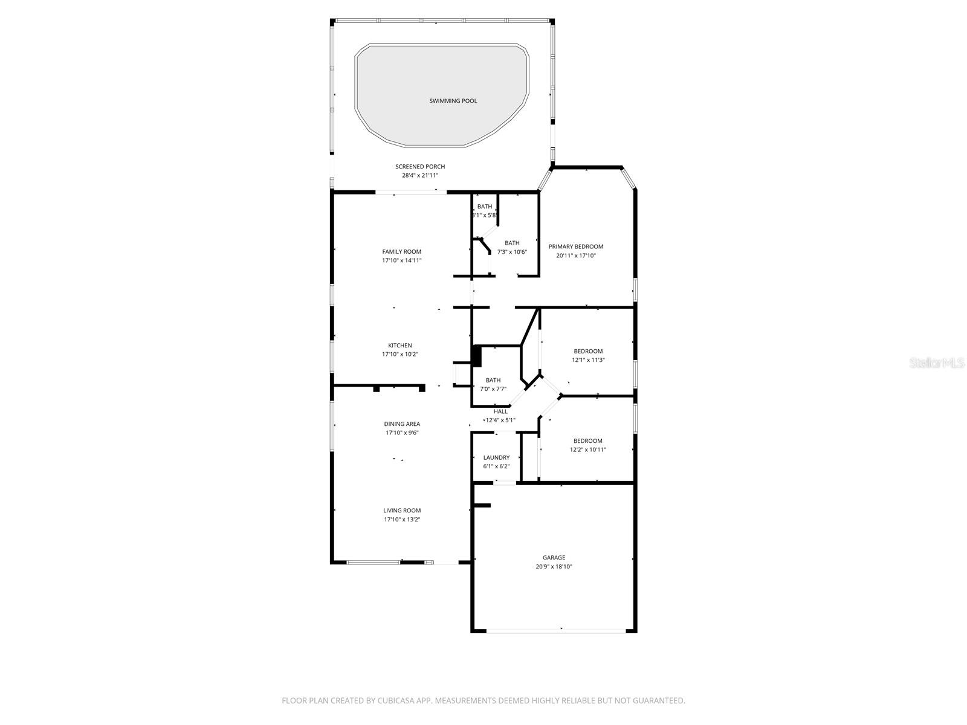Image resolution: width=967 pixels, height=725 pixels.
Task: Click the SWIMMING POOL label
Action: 453,101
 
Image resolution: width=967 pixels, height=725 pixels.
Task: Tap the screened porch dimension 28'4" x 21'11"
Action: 420,176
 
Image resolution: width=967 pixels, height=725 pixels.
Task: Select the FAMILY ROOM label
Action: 401,252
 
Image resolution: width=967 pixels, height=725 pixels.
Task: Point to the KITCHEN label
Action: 400,346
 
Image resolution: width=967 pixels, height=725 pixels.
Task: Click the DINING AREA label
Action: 402,424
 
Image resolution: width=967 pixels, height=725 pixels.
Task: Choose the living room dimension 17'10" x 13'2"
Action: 402,520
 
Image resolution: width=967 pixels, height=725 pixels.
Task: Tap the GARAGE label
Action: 554,558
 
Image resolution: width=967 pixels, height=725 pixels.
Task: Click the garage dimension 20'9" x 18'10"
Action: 554,567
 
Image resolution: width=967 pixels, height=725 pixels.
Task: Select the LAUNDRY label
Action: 496,458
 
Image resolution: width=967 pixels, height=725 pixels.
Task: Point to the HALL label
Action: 500,411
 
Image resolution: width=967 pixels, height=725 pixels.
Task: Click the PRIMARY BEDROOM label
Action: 576,246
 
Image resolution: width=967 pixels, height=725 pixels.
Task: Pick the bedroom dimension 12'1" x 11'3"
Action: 588,360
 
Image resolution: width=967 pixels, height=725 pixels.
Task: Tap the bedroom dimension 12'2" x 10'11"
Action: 588,449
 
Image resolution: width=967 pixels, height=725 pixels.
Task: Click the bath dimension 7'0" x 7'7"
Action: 493,389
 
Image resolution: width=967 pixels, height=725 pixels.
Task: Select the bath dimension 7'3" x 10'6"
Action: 512,252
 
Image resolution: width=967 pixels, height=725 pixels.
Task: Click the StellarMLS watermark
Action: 937,363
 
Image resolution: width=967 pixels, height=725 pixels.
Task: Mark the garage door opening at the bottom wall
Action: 556,631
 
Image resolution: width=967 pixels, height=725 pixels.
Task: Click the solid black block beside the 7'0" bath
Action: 476,356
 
